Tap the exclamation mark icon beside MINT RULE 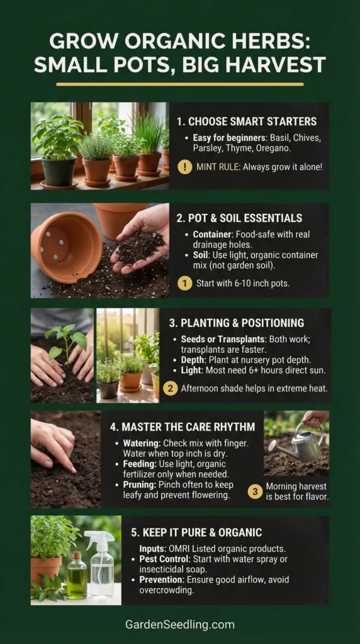[185, 167]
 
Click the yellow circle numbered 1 [184, 283]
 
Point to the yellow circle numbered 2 [170, 388]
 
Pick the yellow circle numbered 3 [255, 491]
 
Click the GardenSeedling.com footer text [180, 625]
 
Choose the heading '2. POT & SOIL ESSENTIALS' [239, 218]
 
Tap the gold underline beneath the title [180, 84]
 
